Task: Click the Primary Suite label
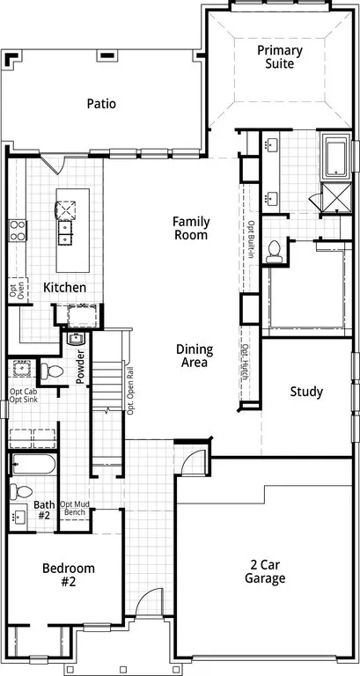coord(280,57)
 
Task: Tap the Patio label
coord(101,104)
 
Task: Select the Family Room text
coord(191,228)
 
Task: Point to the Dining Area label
coord(194,356)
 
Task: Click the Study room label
coord(306,392)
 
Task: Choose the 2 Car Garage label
coord(265,571)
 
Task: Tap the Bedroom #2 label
coord(69,575)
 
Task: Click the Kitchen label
coord(64,288)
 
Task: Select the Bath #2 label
coord(43,509)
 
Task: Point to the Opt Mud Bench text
coord(72,508)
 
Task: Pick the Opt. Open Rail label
coord(129,391)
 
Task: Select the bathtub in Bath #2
coord(33,465)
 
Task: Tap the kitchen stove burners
coord(18,231)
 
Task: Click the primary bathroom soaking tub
coord(336,157)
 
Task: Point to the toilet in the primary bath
coord(274,252)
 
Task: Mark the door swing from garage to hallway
coord(193,461)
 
